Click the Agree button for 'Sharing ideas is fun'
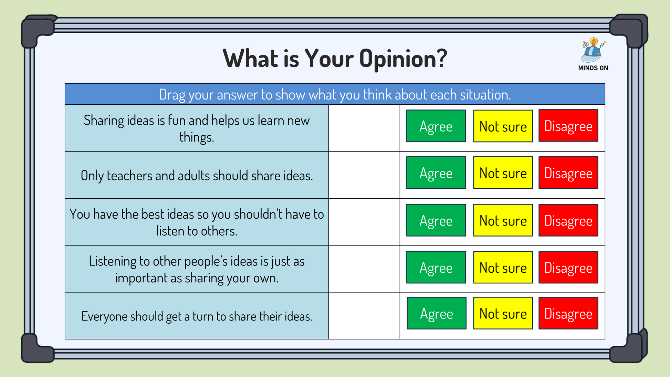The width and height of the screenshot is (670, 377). (x=436, y=126)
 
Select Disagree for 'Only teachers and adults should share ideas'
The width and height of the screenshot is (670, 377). (x=568, y=173)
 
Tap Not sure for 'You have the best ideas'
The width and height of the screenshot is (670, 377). (x=503, y=220)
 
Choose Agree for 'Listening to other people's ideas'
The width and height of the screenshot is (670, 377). (x=436, y=268)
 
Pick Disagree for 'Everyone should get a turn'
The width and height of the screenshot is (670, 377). (x=568, y=313)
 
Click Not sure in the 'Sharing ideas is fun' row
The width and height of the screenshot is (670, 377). (x=503, y=126)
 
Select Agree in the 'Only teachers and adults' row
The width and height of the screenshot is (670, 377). (x=436, y=173)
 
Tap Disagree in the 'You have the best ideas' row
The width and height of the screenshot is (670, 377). (x=568, y=220)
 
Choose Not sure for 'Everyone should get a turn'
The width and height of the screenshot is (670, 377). (x=503, y=313)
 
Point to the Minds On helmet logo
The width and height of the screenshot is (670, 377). (x=592, y=50)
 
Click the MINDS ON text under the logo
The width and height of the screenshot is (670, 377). (x=593, y=68)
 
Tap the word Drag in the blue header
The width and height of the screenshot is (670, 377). (x=172, y=95)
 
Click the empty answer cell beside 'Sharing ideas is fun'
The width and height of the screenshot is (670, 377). (x=364, y=128)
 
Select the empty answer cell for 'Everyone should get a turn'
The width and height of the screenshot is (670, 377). (x=364, y=316)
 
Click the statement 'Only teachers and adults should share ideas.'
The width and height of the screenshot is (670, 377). (x=197, y=176)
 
